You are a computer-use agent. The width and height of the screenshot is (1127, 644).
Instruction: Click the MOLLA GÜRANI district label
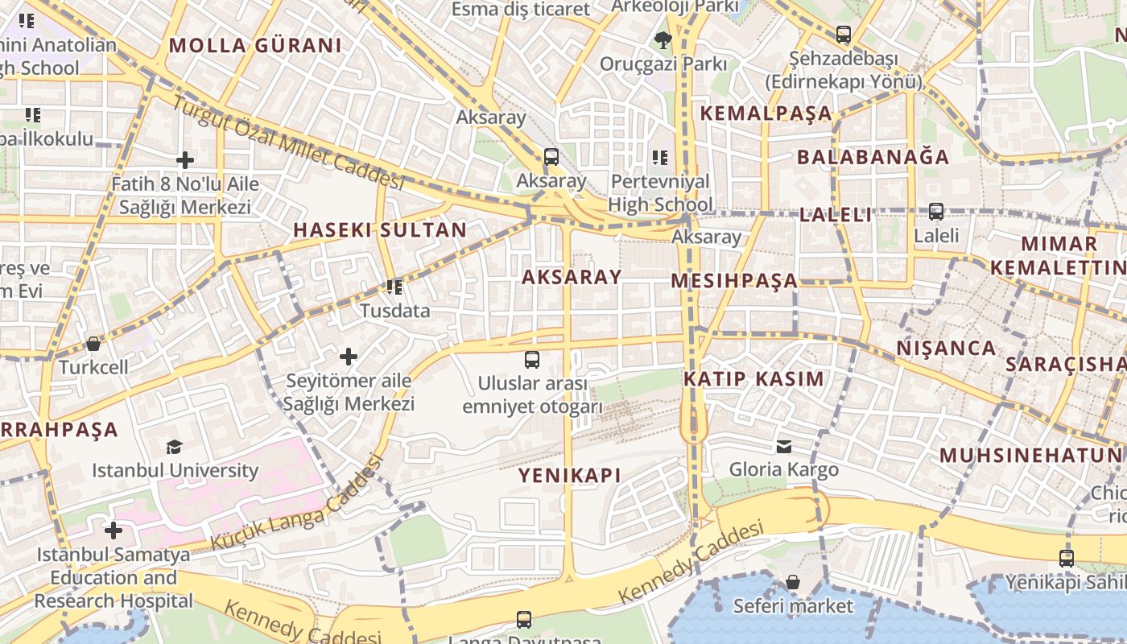pos(255,45)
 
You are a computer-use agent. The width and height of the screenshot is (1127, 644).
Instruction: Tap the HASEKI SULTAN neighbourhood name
pos(380,230)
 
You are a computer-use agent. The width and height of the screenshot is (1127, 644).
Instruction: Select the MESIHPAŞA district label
pos(734,281)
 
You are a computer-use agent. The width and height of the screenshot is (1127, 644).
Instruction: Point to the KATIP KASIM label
pos(754,379)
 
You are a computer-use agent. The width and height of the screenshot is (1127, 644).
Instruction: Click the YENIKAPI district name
pos(570,476)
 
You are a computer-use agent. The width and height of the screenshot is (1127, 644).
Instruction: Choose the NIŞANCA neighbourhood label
pos(947,349)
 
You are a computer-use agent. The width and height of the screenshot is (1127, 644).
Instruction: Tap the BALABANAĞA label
pos(873,157)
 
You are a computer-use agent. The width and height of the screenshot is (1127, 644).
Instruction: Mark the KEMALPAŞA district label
pos(766,114)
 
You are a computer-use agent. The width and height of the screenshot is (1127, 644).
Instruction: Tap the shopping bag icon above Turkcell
pos(93,345)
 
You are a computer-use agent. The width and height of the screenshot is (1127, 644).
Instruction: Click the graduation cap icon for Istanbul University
pos(175,447)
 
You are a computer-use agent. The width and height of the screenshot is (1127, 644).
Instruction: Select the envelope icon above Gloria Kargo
pos(784,447)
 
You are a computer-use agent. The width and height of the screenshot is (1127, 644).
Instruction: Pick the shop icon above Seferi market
pos(793,581)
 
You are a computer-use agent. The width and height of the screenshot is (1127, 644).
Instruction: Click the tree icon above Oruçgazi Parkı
pos(663,39)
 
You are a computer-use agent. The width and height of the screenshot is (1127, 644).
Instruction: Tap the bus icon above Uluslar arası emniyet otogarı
pos(532,360)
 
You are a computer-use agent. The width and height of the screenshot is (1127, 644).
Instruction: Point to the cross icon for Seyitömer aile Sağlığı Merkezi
pos(349,356)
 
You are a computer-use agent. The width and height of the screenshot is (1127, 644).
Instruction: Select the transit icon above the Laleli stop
pos(936,212)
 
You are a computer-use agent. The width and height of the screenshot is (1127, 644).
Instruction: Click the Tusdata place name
pos(394,311)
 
